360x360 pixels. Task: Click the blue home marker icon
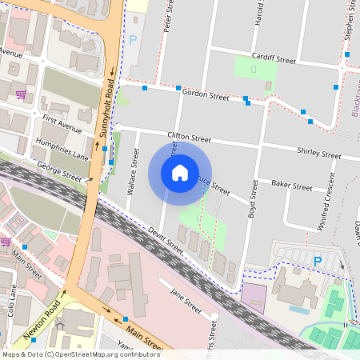[x=180, y=172]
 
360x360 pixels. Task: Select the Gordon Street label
[x=206, y=96]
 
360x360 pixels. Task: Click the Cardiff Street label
[x=274, y=59]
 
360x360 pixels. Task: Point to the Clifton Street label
[x=193, y=137]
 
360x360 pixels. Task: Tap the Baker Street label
[x=291, y=186]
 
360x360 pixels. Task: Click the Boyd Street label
[x=253, y=200]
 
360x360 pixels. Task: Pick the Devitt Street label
[x=165, y=242]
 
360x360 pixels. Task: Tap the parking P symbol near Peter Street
[x=133, y=38]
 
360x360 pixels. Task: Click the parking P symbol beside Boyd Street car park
[x=318, y=261]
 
